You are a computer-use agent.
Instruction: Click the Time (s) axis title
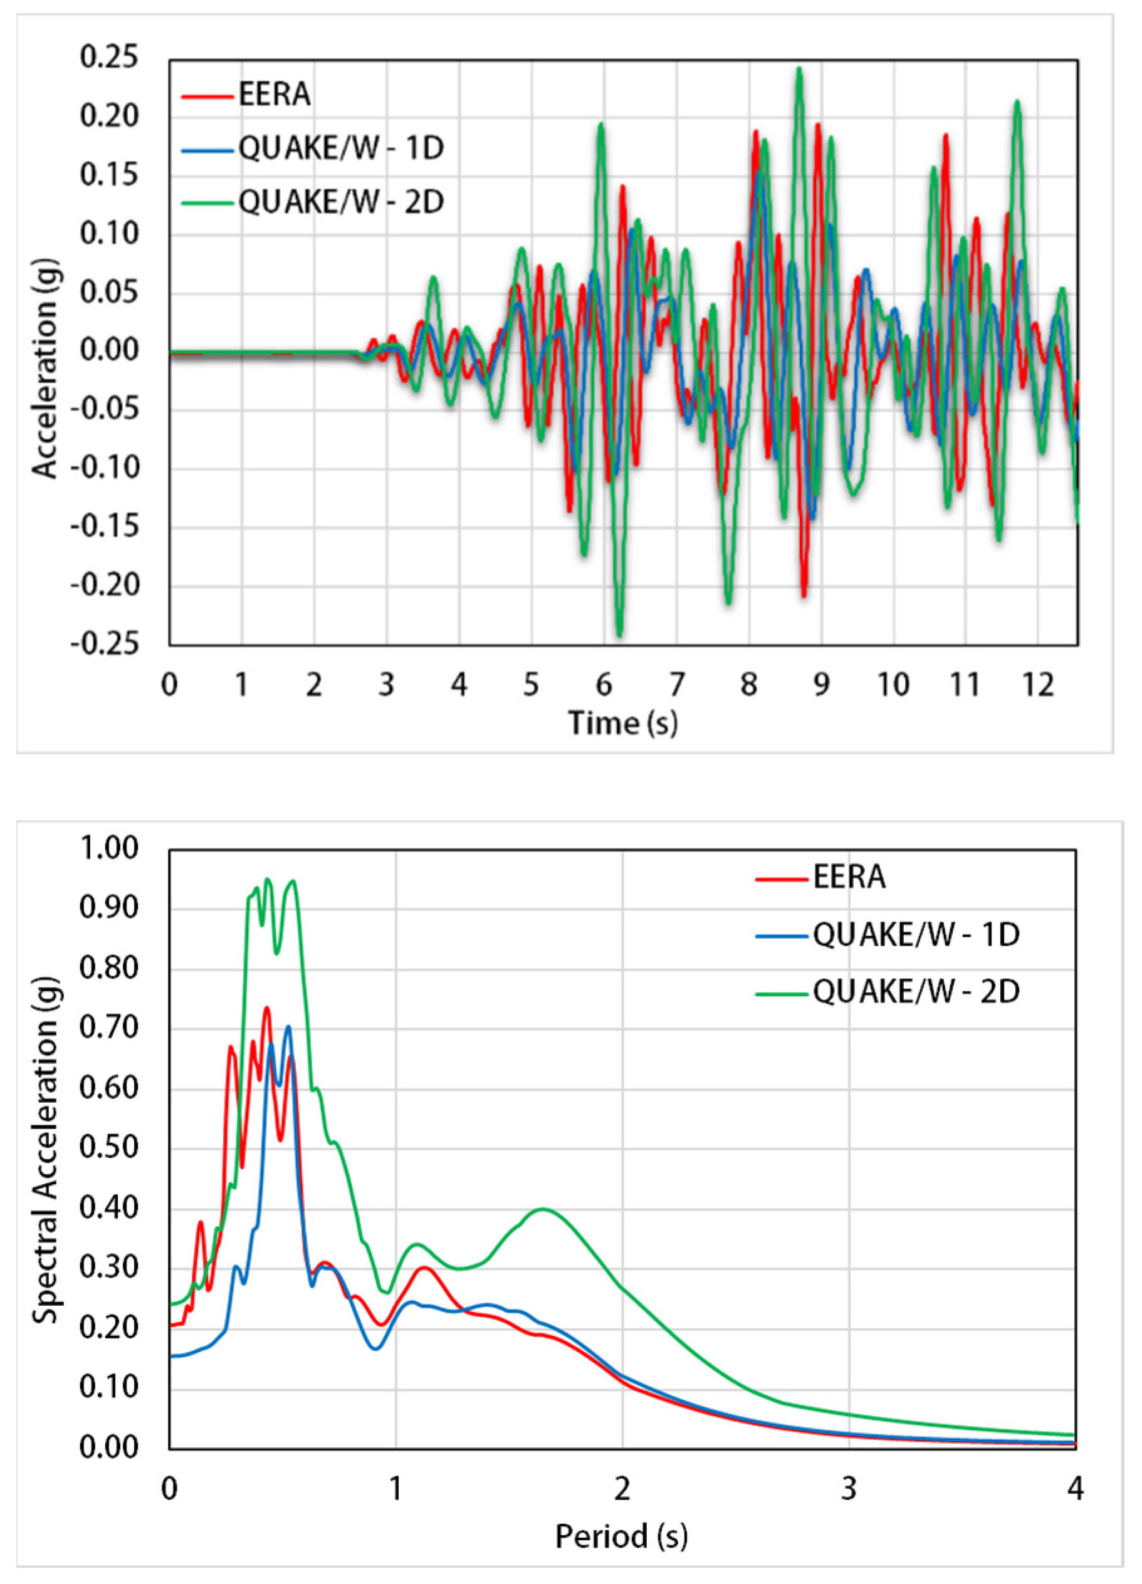pyautogui.click(x=622, y=723)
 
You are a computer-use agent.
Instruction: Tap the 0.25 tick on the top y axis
pyautogui.click(x=109, y=57)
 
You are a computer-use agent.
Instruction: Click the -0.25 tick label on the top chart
pyautogui.click(x=105, y=643)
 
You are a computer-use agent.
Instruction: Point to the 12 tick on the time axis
pyautogui.click(x=1038, y=685)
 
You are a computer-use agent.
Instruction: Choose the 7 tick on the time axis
pyautogui.click(x=676, y=685)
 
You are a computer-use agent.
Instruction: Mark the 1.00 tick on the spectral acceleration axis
pyautogui.click(x=109, y=848)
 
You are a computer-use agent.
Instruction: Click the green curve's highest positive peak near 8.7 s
pyautogui.click(x=799, y=69)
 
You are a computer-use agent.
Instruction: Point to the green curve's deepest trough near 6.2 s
pyautogui.click(x=619, y=635)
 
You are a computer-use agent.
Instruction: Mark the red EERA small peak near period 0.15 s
pyautogui.click(x=201, y=1242)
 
